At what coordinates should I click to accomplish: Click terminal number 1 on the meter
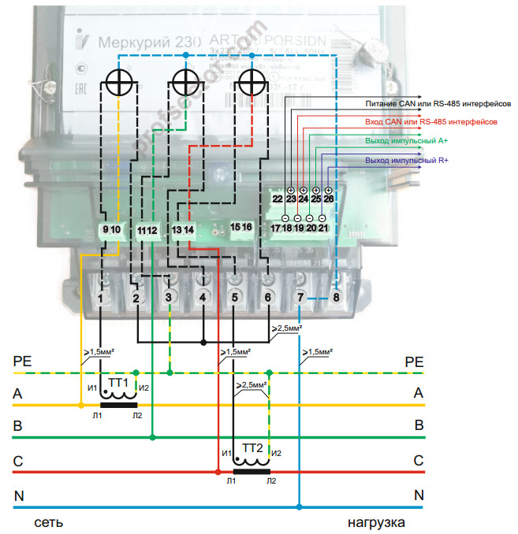click(102, 299)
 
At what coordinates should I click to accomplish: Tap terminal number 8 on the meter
click(337, 298)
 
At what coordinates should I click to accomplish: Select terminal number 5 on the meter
click(234, 299)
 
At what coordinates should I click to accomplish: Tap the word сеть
click(48, 522)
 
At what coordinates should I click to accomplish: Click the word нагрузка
click(376, 522)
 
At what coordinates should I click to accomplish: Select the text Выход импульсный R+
click(407, 161)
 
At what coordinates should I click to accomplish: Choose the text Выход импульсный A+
click(406, 141)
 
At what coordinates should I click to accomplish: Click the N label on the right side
click(419, 495)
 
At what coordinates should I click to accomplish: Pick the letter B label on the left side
click(17, 425)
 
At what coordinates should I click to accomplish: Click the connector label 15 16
click(240, 228)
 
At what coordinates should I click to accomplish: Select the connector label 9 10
click(110, 229)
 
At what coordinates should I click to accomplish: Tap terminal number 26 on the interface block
click(329, 199)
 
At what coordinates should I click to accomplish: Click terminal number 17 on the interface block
click(275, 228)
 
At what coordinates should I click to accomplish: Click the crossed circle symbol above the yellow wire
click(118, 81)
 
